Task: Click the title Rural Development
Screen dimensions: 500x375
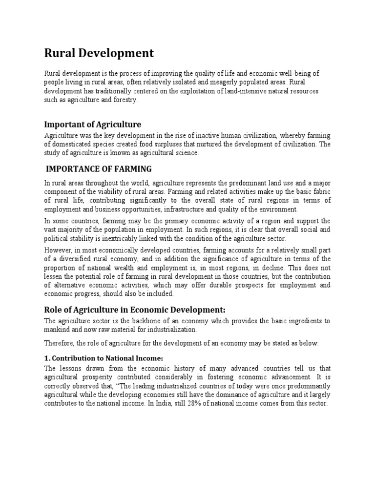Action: pos(99,53)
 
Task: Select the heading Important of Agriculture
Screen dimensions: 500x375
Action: pos(93,124)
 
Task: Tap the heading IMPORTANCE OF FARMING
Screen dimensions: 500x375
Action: pos(99,169)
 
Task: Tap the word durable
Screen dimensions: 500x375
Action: pos(220,285)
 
